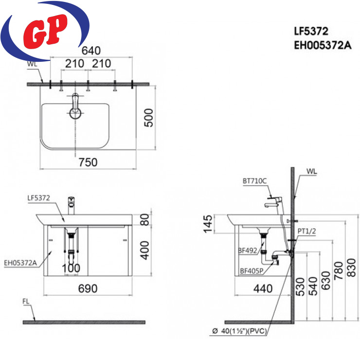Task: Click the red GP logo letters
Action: (45, 31)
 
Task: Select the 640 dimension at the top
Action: (91, 51)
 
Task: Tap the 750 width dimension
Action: (88, 162)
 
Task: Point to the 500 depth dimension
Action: (148, 118)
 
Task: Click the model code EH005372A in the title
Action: (323, 45)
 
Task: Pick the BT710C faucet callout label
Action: (254, 181)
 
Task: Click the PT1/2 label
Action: (307, 231)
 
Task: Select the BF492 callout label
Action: (248, 251)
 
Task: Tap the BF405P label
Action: (252, 271)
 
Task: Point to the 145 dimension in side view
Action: (208, 224)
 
